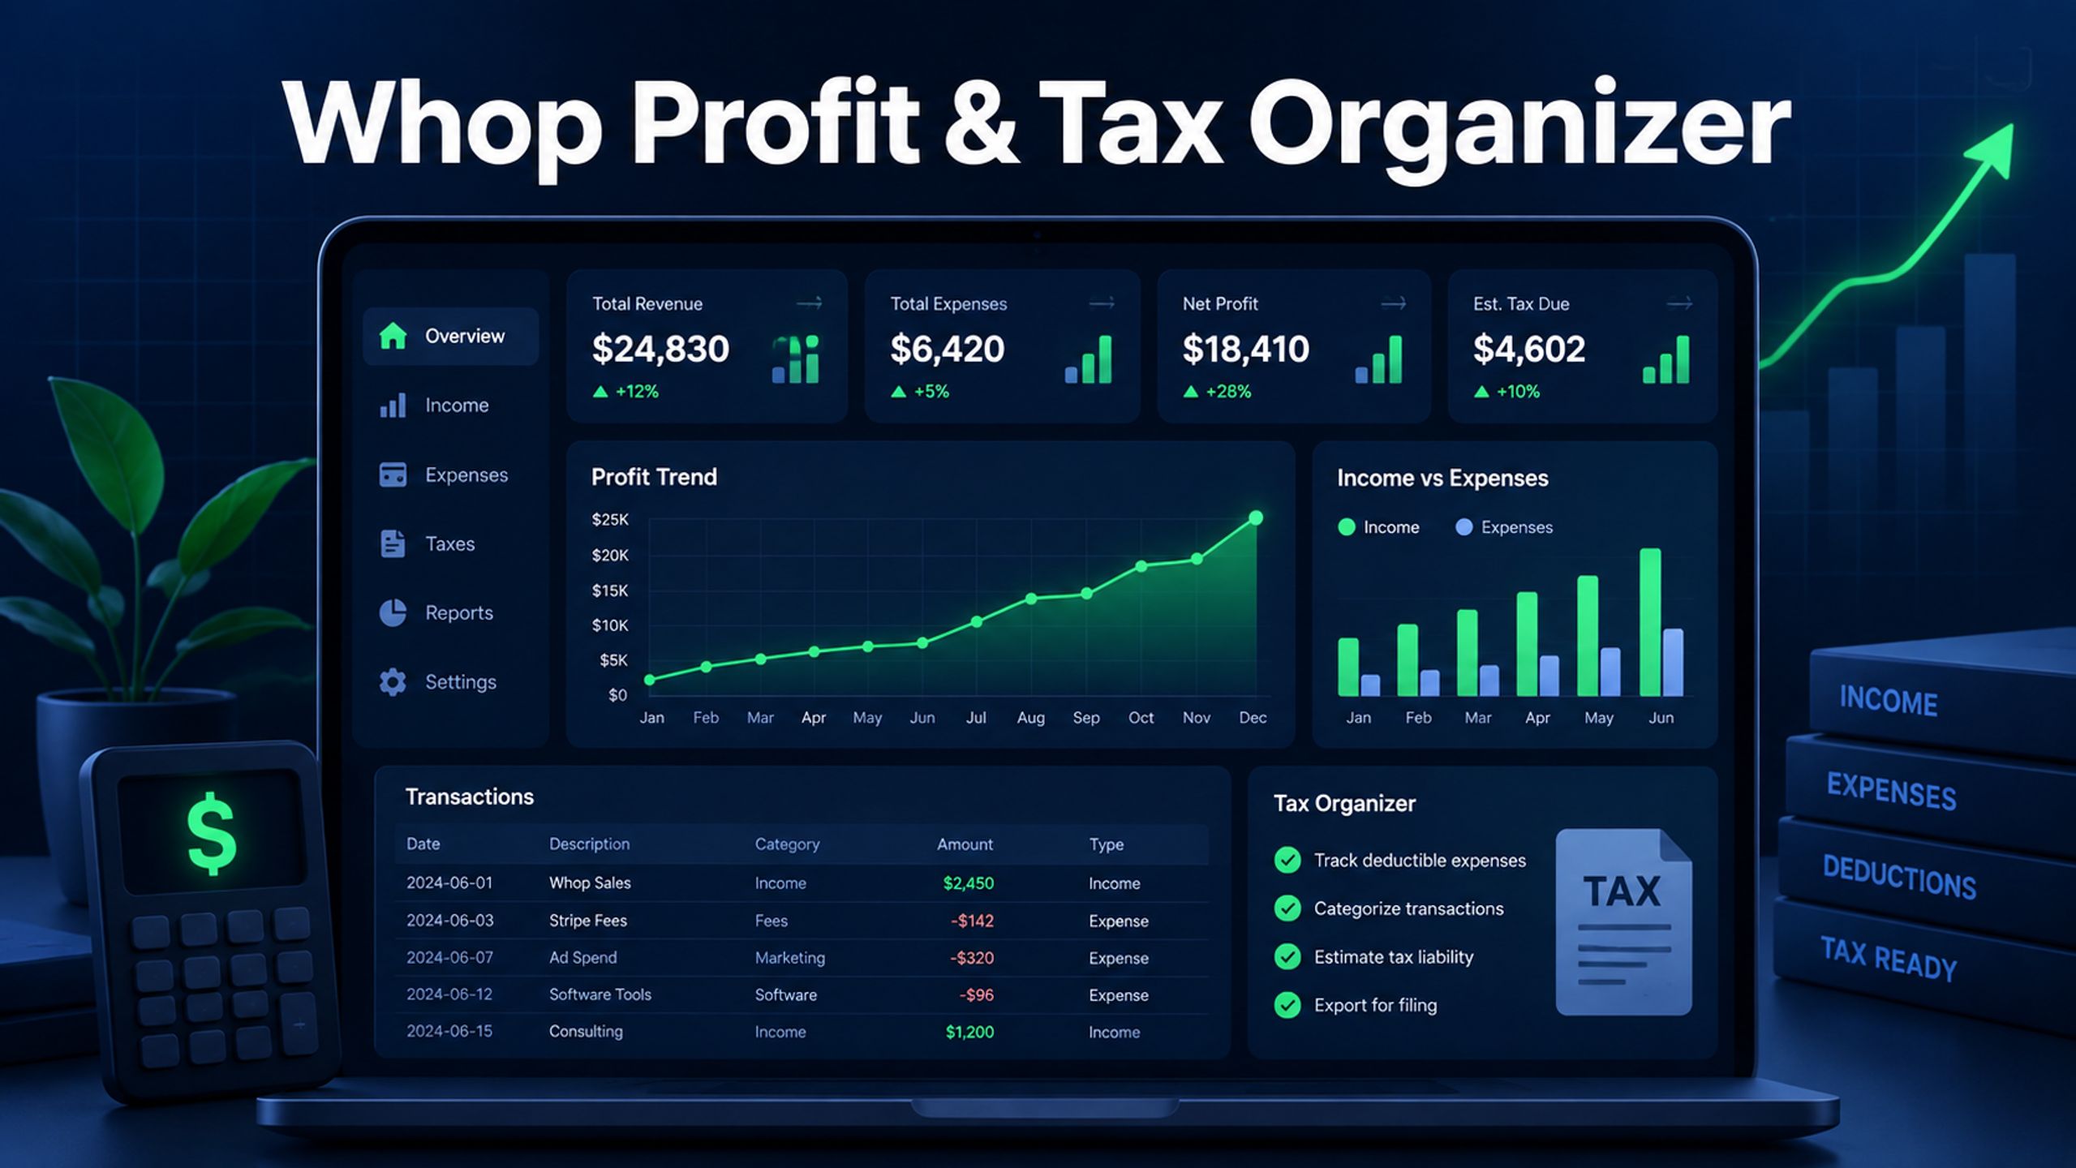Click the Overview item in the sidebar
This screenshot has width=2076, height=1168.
[x=450, y=336]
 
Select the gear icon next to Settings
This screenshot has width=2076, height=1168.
[x=393, y=682]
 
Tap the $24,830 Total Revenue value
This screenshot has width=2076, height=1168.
[x=660, y=349]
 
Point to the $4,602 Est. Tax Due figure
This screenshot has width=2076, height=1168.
[x=1528, y=349]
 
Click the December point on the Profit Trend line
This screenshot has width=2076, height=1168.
[x=1256, y=517]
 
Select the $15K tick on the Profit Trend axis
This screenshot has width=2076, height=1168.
[x=610, y=590]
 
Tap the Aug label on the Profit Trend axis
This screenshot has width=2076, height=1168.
[x=1030, y=718]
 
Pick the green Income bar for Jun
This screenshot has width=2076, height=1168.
[x=1650, y=622]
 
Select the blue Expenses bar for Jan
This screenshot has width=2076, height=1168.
[x=1370, y=685]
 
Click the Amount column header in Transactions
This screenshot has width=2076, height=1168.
[x=965, y=844]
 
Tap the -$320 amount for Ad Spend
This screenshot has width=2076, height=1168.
[x=972, y=958]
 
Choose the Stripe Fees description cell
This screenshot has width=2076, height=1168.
[x=588, y=921]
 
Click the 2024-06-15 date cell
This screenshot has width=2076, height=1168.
[x=449, y=1031]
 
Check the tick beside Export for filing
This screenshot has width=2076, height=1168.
[x=1287, y=1005]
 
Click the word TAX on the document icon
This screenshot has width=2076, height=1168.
[x=1622, y=891]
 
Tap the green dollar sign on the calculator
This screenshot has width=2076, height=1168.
[x=212, y=834]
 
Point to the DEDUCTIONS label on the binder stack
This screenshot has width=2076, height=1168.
[x=1899, y=878]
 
